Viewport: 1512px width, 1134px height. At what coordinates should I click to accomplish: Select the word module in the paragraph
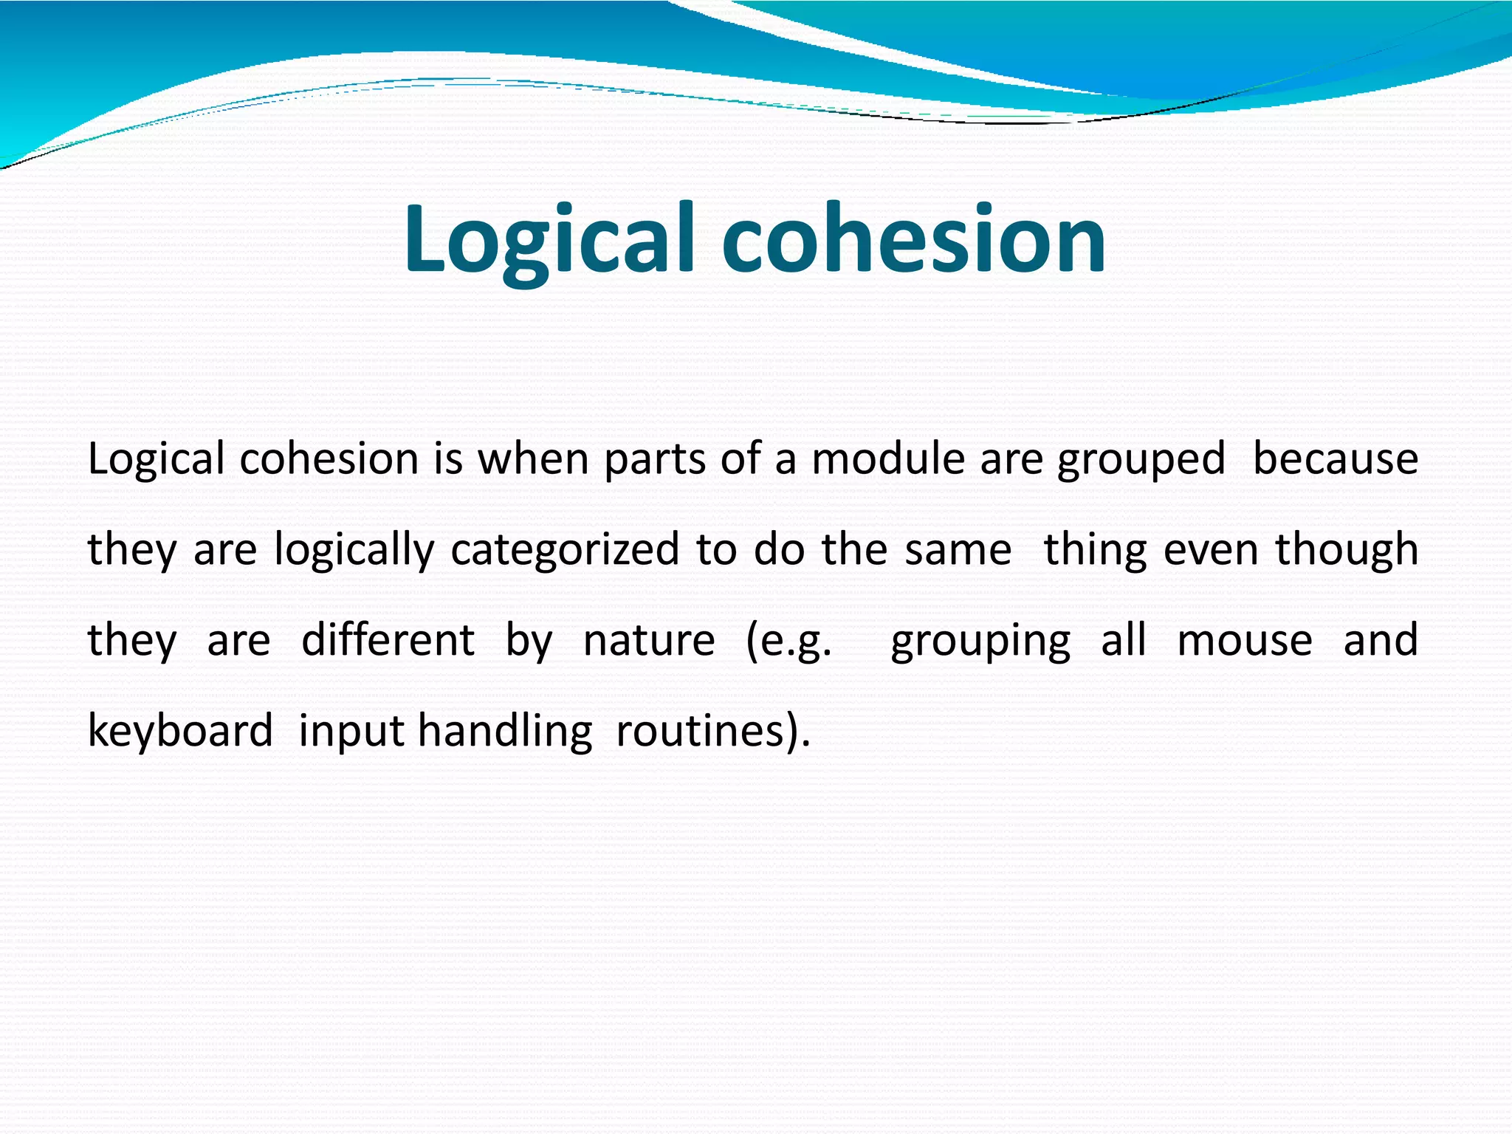point(888,459)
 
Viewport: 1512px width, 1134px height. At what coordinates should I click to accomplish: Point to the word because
point(1335,459)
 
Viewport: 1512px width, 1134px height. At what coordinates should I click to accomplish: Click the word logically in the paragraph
point(354,551)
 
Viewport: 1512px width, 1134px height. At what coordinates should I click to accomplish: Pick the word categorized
point(565,551)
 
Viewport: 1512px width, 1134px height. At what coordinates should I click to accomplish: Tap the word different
point(388,640)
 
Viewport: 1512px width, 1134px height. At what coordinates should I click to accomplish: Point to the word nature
point(649,640)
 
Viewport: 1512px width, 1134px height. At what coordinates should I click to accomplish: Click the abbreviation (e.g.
point(788,642)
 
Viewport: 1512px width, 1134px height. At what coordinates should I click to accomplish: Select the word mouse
point(1244,640)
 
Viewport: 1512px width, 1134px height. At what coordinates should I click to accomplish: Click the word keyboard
point(180,731)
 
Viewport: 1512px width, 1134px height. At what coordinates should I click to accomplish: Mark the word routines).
point(712,731)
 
